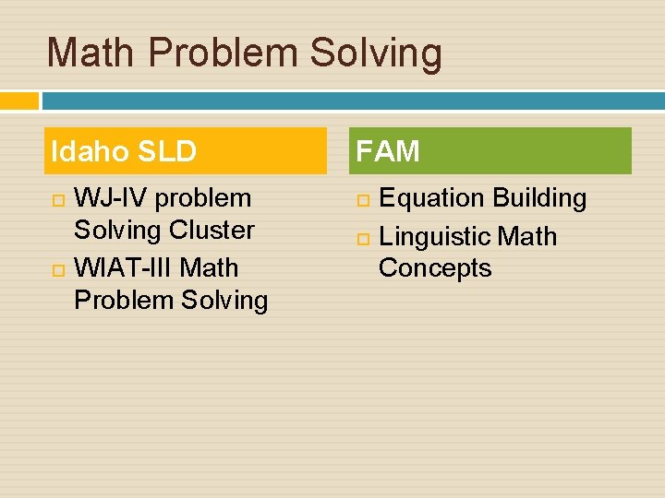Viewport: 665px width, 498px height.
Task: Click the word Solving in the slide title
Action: pos(376,53)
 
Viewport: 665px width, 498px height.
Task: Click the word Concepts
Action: pos(435,268)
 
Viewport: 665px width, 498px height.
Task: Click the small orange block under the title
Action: pos(19,101)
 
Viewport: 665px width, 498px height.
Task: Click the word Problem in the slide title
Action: pos(223,53)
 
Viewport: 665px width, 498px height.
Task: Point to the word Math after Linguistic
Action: pos(527,237)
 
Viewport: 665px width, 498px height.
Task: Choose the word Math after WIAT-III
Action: pos(210,268)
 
